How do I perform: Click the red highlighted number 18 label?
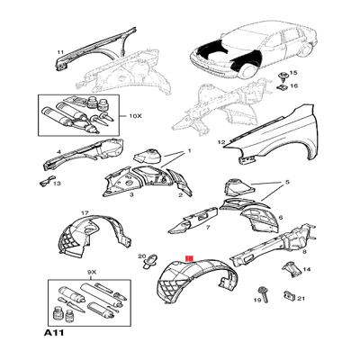pos(190,258)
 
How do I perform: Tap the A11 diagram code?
pos(54,333)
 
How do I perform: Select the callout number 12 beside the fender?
pos(221,143)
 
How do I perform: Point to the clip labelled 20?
pos(150,262)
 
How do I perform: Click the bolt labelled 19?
pos(263,294)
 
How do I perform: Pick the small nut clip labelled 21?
pos(288,296)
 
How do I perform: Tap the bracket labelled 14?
pos(292,269)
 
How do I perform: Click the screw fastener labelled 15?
pos(283,76)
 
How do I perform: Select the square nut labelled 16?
pos(282,87)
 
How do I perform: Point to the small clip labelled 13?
pos(46,183)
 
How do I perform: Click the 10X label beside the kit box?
pos(135,115)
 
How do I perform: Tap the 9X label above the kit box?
pos(92,273)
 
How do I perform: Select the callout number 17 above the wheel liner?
pos(85,212)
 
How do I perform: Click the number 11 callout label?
pos(60,52)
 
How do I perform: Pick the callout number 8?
pos(304,252)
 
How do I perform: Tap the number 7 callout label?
pos(208,228)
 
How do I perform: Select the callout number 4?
pos(59,152)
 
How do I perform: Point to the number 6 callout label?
pos(281,217)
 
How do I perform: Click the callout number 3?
pos(131,195)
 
